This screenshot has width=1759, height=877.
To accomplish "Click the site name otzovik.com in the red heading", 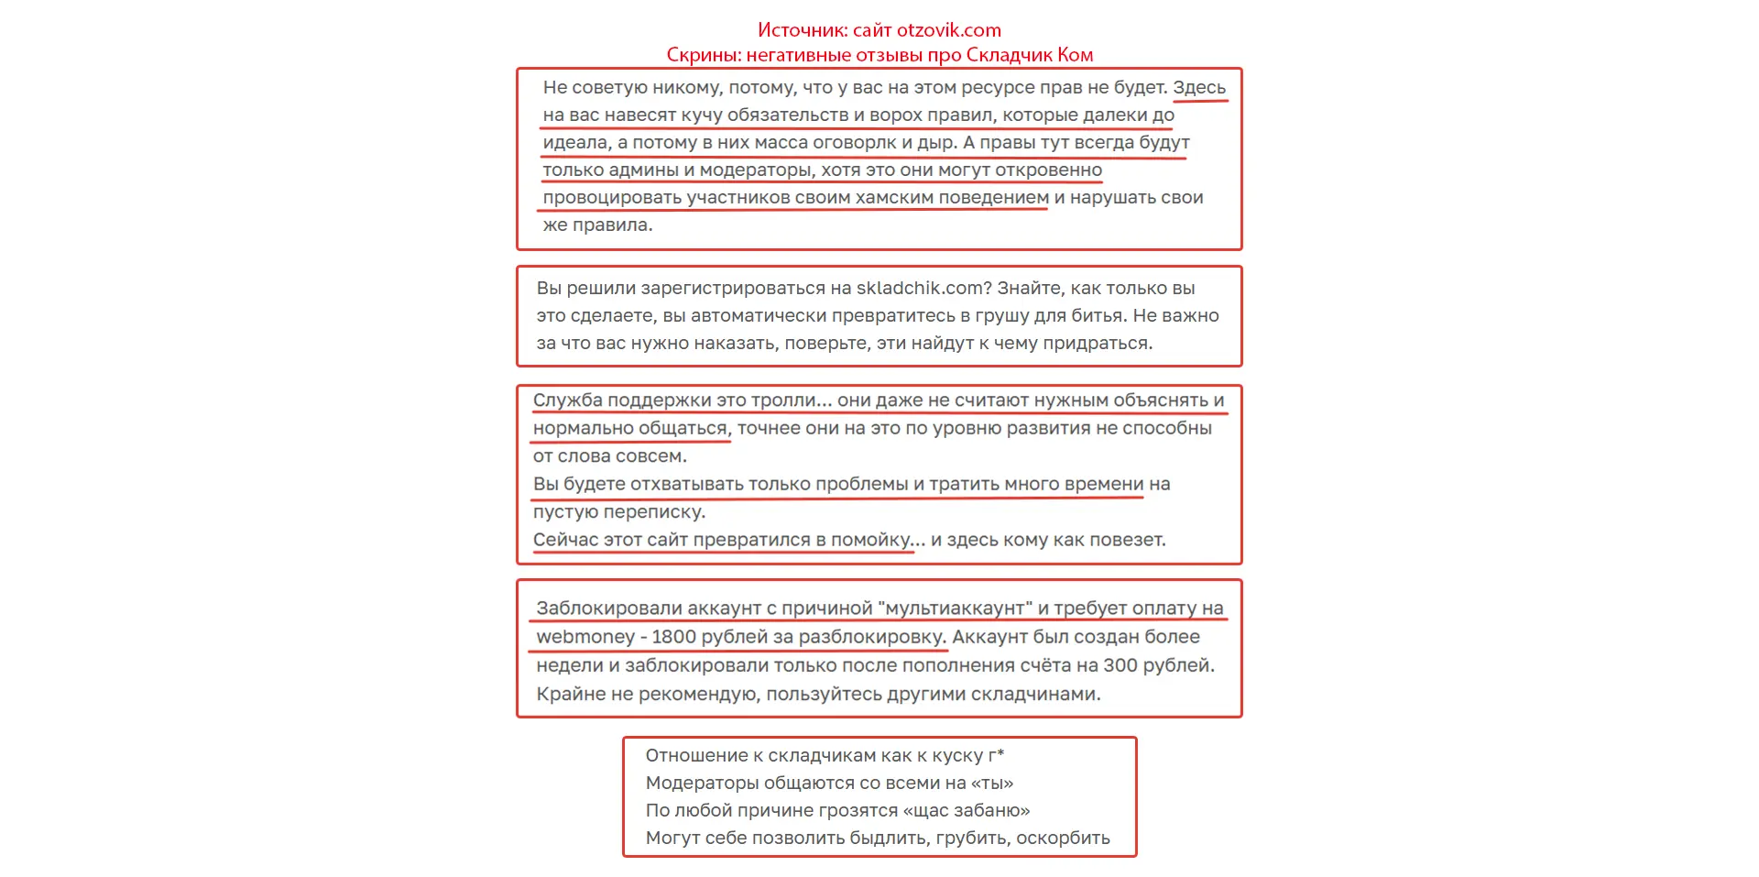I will point(948,30).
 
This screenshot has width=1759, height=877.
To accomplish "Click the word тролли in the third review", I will point(783,400).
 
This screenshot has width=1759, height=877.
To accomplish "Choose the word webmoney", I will point(585,637).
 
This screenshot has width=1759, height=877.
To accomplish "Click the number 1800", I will point(673,637).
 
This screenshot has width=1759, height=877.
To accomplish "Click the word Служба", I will point(567,400).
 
